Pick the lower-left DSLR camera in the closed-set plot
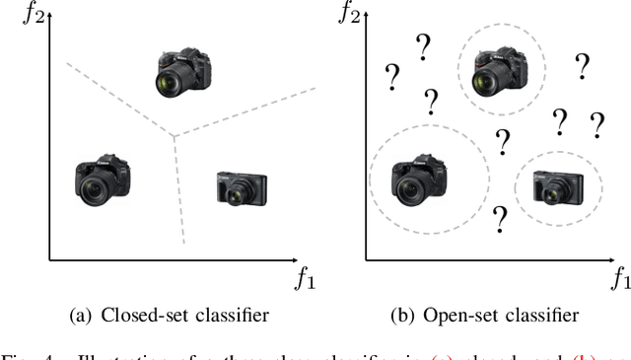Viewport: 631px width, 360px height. pyautogui.click(x=103, y=179)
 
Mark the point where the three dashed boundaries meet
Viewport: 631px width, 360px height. pyautogui.click(x=174, y=136)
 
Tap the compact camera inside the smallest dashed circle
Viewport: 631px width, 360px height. pyautogui.click(x=558, y=185)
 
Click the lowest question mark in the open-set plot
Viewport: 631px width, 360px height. pyautogui.click(x=500, y=217)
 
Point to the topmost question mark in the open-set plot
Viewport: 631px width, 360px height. pyautogui.click(x=425, y=44)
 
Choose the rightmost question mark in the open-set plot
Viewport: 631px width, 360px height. pyautogui.click(x=596, y=125)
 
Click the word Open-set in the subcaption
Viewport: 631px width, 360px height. pyautogui.click(x=460, y=316)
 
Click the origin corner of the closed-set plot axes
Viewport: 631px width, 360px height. pyautogui.click(x=49, y=259)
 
